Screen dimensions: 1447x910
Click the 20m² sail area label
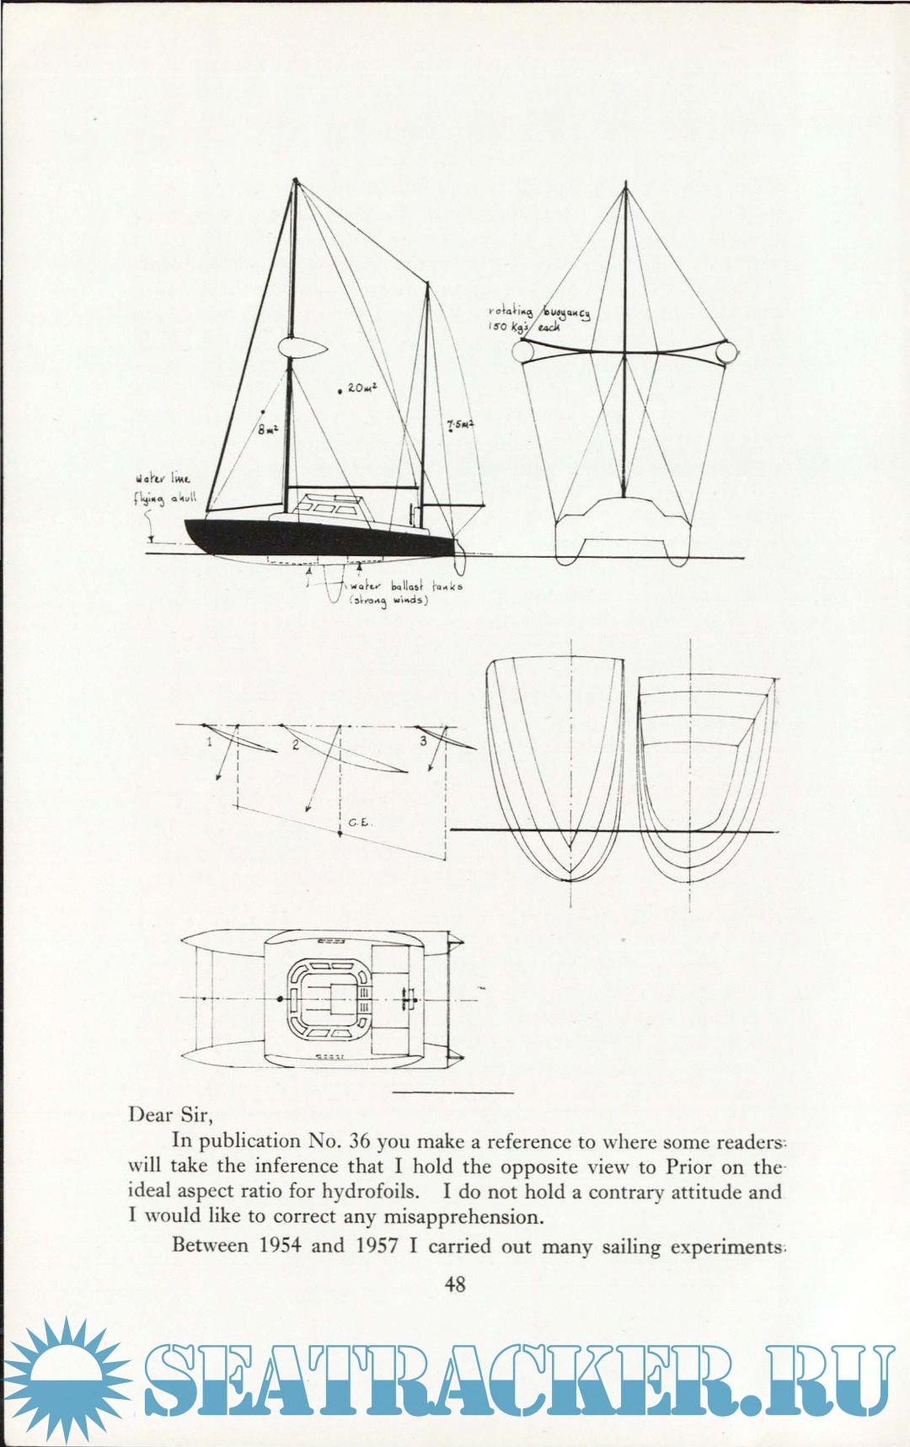click(361, 388)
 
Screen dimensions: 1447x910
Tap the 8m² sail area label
click(267, 429)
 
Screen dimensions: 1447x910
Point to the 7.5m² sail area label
click(460, 425)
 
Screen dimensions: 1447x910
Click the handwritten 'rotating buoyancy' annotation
click(539, 318)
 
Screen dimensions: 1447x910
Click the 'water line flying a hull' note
click(164, 489)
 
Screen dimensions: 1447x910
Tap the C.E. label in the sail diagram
click(358, 822)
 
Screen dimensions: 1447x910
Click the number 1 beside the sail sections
click(210, 742)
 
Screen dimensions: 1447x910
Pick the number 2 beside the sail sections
click(295, 745)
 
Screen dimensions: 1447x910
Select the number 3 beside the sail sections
click(423, 740)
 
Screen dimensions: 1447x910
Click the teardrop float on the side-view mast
click(301, 348)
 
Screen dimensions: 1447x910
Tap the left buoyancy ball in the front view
click(522, 350)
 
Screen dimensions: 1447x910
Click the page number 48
click(455, 1284)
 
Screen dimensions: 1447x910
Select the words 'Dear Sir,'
click(170, 1115)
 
